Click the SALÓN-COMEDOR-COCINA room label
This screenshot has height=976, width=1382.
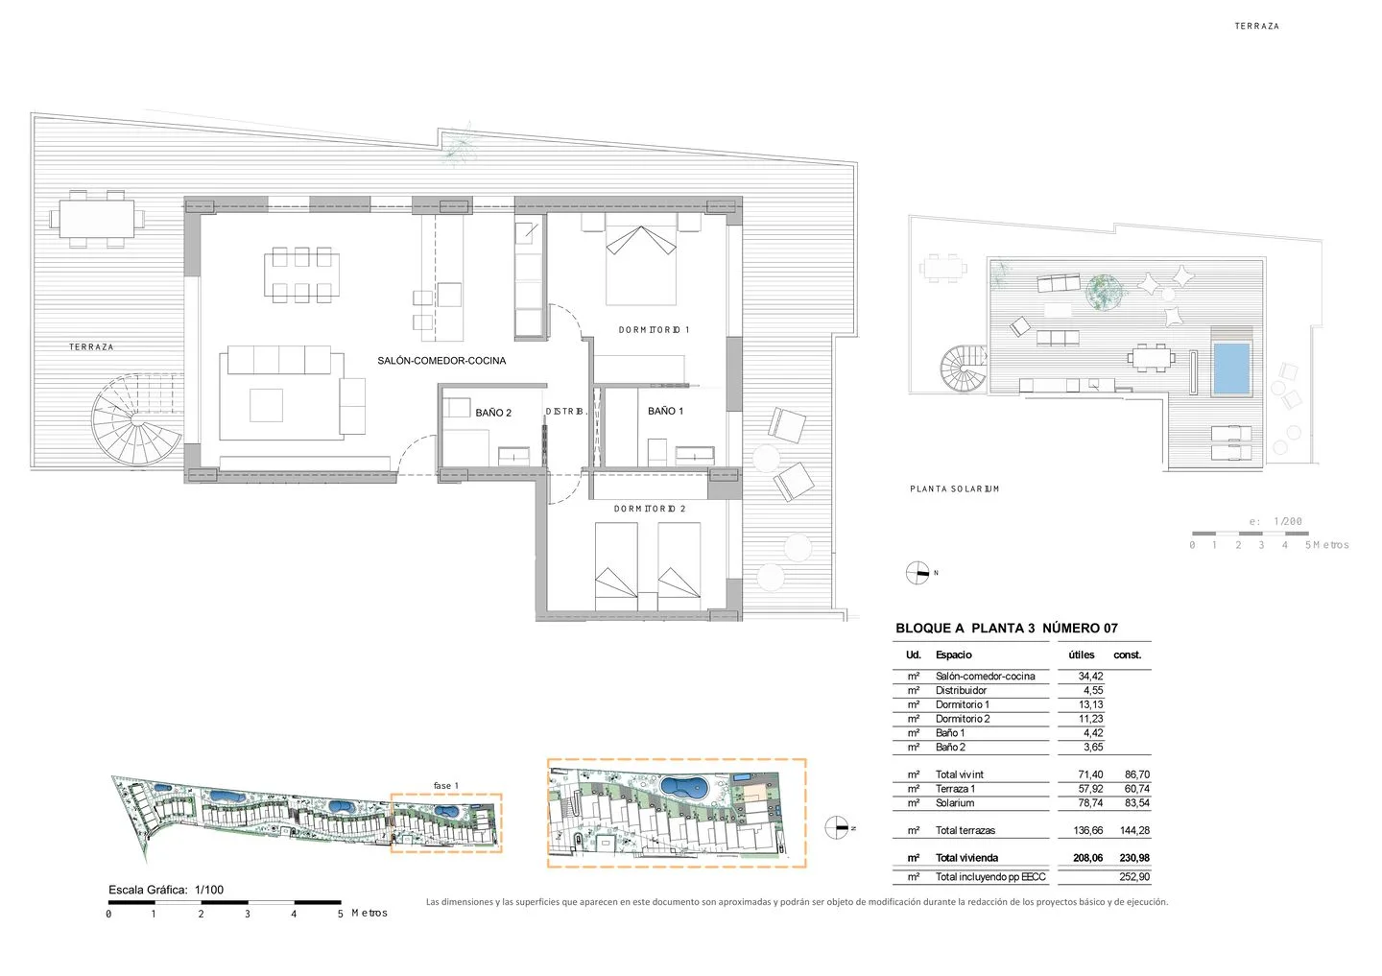441,361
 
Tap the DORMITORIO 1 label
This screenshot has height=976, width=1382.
654,330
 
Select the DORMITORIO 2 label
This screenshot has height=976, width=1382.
650,509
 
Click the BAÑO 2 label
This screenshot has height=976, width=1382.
493,413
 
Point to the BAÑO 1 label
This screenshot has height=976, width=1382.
665,411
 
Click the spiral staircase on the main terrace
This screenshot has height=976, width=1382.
136,418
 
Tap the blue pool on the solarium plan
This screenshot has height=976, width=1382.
1231,369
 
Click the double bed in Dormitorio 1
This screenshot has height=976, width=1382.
641,259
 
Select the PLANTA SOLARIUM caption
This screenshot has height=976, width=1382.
954,489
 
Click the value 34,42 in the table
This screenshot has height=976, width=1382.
1090,677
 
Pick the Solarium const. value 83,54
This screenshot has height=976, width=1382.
1136,803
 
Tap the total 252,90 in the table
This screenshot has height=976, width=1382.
1134,877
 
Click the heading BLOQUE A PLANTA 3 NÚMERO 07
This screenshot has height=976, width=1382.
1006,629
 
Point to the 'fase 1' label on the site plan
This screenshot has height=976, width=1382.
445,786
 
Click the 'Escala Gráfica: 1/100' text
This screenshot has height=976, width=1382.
166,890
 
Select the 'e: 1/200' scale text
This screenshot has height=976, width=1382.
1275,522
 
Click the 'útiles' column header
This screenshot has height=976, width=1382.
1082,655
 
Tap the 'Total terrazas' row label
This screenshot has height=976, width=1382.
965,830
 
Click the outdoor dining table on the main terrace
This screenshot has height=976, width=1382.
97,219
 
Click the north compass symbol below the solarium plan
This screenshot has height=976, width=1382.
917,573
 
